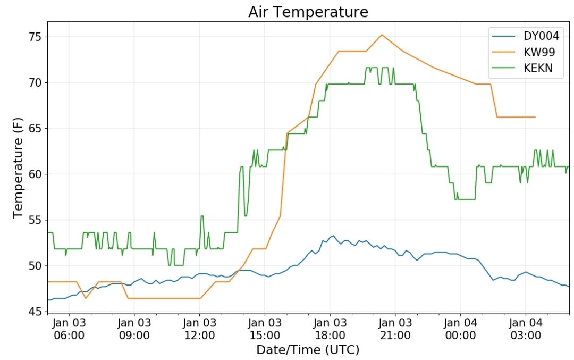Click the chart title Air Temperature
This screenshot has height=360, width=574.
coord(308,12)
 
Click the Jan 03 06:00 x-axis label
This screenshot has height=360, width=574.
coord(69,329)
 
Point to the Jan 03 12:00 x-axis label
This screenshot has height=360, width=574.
coord(199,329)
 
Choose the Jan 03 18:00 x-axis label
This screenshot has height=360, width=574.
coord(330,329)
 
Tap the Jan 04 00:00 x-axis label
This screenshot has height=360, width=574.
coord(460,329)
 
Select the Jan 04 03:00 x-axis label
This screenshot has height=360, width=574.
coord(526,329)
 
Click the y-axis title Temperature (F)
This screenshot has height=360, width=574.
coord(19,168)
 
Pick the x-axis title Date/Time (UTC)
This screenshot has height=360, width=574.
coord(308,350)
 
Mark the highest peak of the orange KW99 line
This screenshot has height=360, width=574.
coord(382,35)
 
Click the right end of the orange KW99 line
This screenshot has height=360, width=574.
coord(535,117)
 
